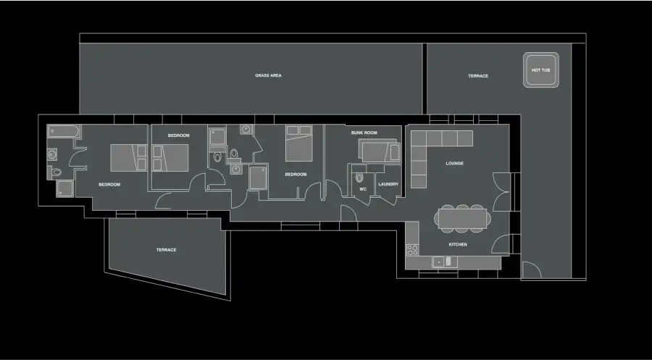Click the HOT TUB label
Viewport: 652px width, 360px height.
[540, 70]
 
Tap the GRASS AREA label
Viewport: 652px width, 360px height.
[268, 75]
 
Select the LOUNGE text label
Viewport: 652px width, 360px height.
[454, 164]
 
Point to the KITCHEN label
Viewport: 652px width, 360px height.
[458, 244]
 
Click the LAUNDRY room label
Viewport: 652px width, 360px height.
[388, 184]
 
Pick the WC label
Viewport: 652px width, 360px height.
[363, 189]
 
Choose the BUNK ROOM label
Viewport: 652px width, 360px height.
[364, 133]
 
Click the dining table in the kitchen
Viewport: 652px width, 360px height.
[463, 218]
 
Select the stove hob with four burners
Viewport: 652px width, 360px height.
[412, 250]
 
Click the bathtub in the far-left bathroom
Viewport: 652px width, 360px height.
[64, 131]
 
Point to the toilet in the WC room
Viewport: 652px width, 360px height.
[359, 177]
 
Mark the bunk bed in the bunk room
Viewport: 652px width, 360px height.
[379, 151]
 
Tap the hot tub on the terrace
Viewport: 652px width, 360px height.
[540, 70]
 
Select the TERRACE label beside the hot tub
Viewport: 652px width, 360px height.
[478, 76]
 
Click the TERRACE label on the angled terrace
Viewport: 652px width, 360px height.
[167, 250]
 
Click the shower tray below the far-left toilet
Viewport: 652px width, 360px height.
[65, 188]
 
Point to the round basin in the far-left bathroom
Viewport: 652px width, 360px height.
[52, 155]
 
